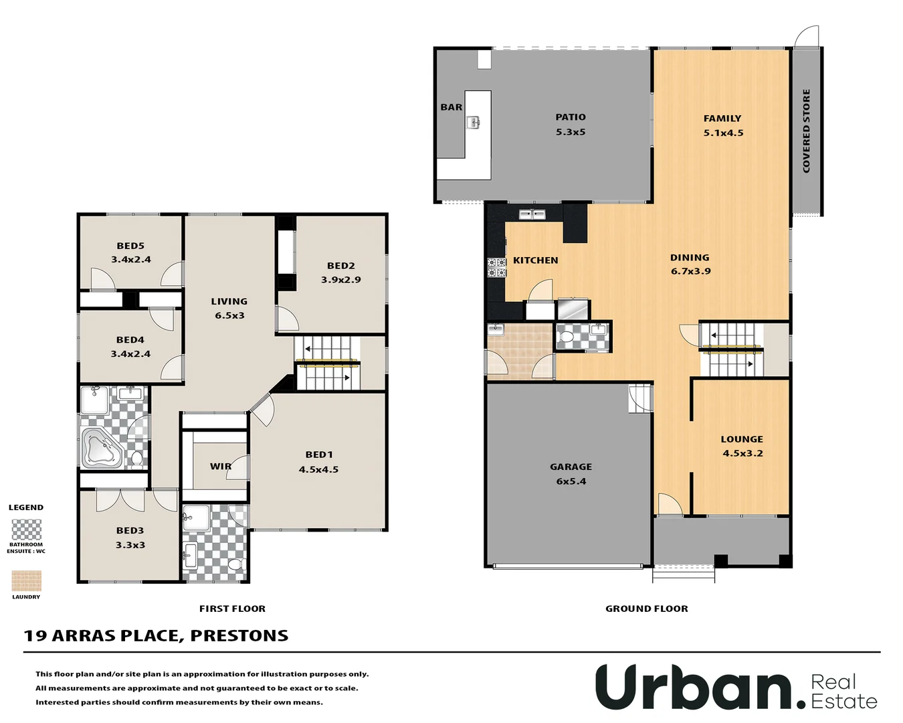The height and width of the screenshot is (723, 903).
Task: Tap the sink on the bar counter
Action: pyautogui.click(x=473, y=122)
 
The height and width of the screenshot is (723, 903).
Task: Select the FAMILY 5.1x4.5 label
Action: pyautogui.click(x=722, y=125)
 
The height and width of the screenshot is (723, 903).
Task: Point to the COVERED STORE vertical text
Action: pyautogui.click(x=806, y=131)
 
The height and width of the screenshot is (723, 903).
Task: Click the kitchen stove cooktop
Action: pyautogui.click(x=496, y=268)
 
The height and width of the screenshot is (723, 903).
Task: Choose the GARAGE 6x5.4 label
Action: pyautogui.click(x=571, y=474)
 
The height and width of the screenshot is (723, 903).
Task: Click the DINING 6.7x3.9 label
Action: pyautogui.click(x=690, y=264)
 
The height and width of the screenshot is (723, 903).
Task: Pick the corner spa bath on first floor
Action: pyautogui.click(x=101, y=447)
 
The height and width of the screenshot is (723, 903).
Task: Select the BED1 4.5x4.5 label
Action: pyautogui.click(x=318, y=462)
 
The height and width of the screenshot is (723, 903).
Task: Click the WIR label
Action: pyautogui.click(x=220, y=467)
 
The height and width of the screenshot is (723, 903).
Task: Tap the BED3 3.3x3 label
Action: pyautogui.click(x=130, y=538)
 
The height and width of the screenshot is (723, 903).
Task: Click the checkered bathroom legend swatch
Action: pyautogui.click(x=27, y=530)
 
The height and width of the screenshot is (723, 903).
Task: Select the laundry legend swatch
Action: pyautogui.click(x=27, y=580)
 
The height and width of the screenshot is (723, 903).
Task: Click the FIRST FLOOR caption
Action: pyautogui.click(x=232, y=609)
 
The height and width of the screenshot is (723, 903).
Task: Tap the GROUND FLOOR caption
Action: pyautogui.click(x=646, y=609)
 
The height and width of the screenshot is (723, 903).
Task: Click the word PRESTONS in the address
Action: pyautogui.click(x=239, y=635)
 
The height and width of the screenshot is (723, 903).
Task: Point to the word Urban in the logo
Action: pyautogui.click(x=692, y=688)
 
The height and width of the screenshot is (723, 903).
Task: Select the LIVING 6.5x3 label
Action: pyautogui.click(x=229, y=309)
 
